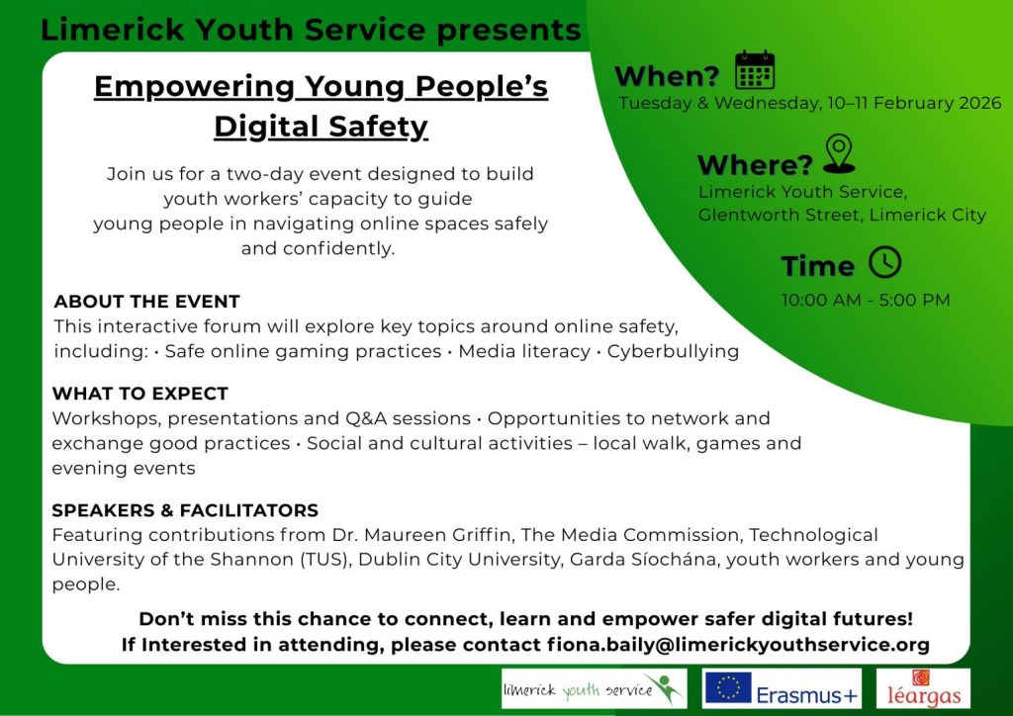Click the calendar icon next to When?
755,70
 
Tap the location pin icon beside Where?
839,154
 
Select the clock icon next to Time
884,262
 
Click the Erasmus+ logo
782,688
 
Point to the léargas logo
923,688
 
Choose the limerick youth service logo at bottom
594,688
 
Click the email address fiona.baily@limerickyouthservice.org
738,645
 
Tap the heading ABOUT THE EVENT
146,302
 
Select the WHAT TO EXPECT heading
140,394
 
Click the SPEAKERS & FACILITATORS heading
185,510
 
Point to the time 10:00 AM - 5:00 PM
866,301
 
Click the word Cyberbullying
673,351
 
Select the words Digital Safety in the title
322,126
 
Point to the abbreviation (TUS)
325,560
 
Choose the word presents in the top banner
508,30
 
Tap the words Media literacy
524,351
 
